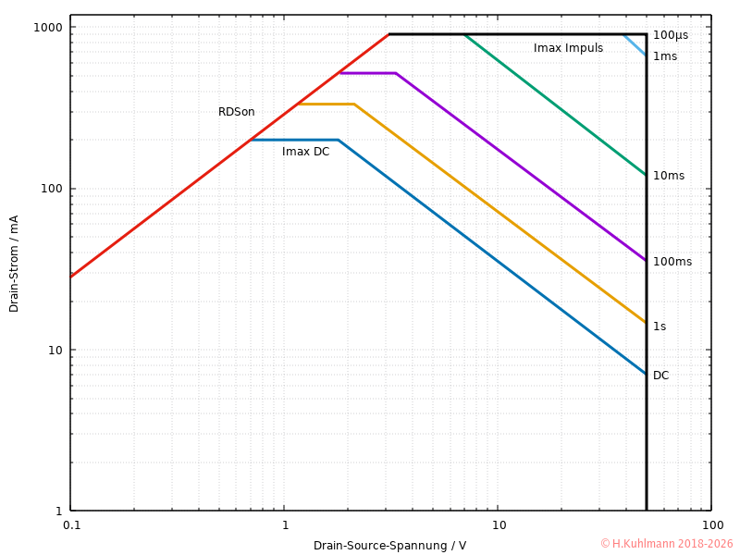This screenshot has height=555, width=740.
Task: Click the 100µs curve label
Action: [x=670, y=35]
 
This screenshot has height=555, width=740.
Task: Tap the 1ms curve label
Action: [x=664, y=56]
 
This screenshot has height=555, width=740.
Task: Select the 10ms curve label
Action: [x=668, y=176]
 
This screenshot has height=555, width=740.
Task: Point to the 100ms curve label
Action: [x=672, y=262]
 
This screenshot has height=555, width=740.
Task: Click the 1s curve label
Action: [x=659, y=327]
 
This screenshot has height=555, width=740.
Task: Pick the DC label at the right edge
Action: [x=660, y=376]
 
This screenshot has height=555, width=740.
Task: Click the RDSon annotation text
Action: [x=236, y=112]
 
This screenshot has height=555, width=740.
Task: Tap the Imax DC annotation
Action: [x=305, y=152]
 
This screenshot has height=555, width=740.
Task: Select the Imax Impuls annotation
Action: [x=568, y=48]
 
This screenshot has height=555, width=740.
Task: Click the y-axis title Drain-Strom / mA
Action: [x=14, y=264]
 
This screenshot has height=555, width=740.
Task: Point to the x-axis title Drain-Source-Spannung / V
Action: [x=389, y=546]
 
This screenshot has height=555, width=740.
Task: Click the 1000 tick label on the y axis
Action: [x=48, y=27]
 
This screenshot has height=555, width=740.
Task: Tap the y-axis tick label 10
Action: [x=55, y=350]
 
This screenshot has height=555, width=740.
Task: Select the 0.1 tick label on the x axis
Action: [x=71, y=525]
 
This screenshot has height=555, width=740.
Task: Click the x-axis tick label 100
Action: [x=710, y=525]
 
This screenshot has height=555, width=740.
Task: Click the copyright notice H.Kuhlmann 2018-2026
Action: [x=666, y=544]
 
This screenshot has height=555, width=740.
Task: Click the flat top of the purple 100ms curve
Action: [x=367, y=73]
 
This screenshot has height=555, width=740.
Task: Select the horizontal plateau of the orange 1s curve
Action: [x=326, y=104]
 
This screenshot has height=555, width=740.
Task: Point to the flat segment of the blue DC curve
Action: [x=294, y=140]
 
